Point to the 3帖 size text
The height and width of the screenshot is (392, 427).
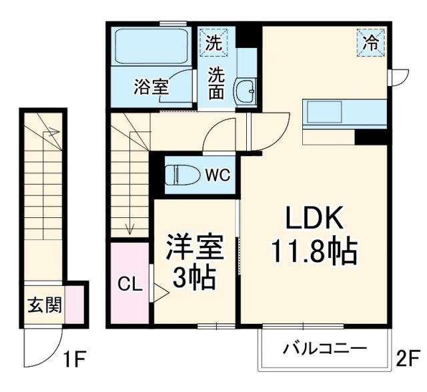point(194,277)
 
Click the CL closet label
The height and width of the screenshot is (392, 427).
point(130,285)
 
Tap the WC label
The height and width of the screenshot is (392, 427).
point(217,175)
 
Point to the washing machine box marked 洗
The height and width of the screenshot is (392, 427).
point(213,45)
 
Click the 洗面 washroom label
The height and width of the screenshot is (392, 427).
point(215,83)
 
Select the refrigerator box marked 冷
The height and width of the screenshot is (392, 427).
point(370,43)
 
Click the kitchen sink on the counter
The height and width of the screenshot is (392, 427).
point(324,111)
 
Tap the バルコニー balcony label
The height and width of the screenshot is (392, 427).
point(324,348)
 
